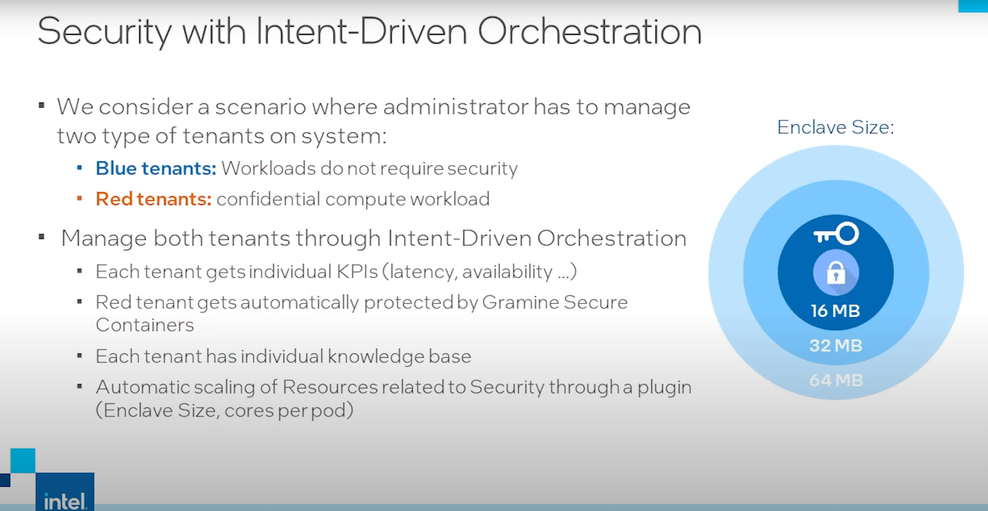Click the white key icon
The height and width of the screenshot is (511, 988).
click(x=836, y=234)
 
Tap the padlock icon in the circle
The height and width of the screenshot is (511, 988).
click(x=836, y=273)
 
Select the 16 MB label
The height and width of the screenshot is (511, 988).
click(x=835, y=311)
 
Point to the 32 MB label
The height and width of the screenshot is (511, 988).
click(x=836, y=345)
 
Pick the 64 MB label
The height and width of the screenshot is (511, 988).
click(x=836, y=380)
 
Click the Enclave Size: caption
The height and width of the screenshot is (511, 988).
click(x=835, y=127)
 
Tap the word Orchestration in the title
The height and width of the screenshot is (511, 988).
click(x=589, y=31)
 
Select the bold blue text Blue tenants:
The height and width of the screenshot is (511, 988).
click(x=156, y=168)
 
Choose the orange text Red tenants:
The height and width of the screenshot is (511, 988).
click(x=154, y=199)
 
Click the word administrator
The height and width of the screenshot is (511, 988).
click(x=456, y=107)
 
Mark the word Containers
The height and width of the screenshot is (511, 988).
click(x=145, y=325)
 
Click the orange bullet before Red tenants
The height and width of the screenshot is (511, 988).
click(x=80, y=198)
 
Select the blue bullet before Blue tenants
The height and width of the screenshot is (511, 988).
click(x=80, y=168)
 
